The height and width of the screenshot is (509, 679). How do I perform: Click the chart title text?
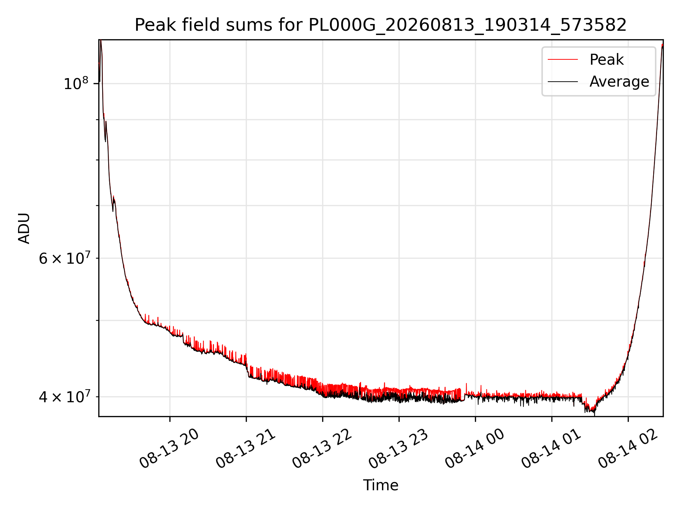(x=381, y=25)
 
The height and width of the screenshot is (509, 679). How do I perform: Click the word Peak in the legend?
(x=607, y=59)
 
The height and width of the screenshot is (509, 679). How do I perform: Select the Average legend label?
(x=619, y=82)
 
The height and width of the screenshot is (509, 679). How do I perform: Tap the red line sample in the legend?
(x=563, y=59)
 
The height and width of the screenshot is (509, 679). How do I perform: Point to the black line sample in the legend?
(x=563, y=82)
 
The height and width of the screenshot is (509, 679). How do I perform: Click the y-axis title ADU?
(x=24, y=228)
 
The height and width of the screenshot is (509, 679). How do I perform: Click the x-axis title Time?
(x=381, y=485)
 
